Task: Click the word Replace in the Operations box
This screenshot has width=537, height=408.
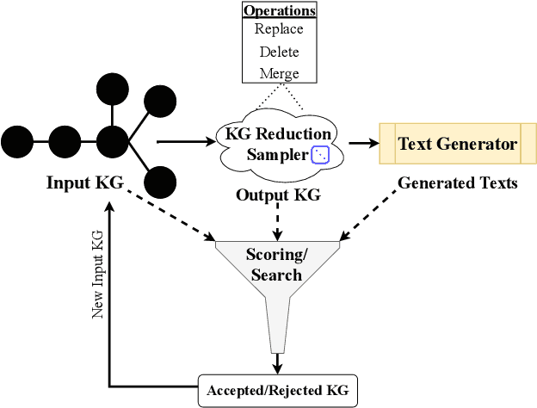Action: coord(279,29)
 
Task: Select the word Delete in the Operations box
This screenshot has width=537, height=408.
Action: coord(279,52)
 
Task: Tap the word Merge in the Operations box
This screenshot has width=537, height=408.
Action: coord(279,73)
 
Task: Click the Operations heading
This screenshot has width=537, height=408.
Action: coord(279,11)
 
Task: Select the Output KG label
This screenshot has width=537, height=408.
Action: coord(278,195)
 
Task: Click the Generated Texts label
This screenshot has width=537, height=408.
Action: coord(457,183)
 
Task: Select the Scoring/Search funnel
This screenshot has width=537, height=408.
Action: coord(275,267)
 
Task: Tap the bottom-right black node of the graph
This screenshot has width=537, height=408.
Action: coord(161,182)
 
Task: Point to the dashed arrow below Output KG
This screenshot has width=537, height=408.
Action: coord(277,221)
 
